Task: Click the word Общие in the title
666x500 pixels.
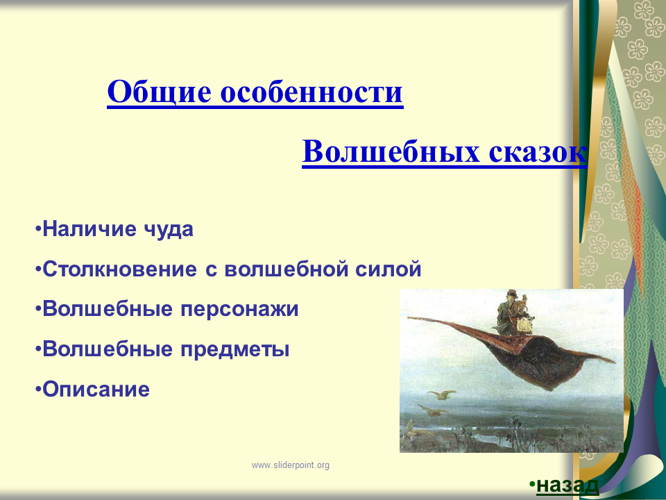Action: (159, 92)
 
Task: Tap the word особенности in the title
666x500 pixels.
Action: (311, 92)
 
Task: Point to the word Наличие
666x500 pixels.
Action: (89, 228)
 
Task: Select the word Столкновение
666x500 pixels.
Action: (120, 269)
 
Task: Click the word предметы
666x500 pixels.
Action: (235, 350)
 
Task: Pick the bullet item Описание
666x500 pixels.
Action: (96, 389)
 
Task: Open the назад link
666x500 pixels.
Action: (567, 485)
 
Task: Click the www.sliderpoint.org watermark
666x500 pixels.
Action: (291, 465)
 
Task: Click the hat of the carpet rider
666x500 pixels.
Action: (512, 293)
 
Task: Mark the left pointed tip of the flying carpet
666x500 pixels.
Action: (408, 317)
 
